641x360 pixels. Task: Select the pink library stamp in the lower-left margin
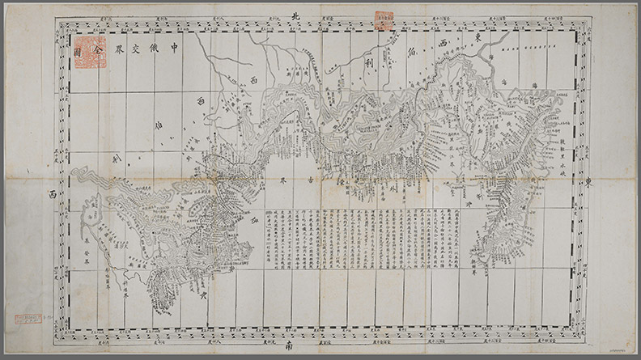click(x=25, y=324)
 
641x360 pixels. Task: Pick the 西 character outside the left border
click(x=51, y=195)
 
